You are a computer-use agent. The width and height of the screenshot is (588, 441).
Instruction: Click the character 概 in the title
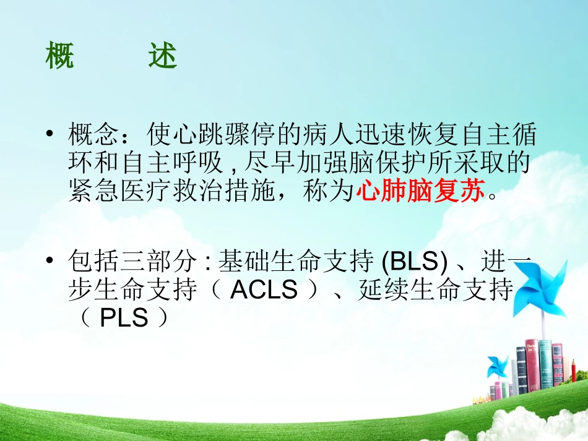[61, 57]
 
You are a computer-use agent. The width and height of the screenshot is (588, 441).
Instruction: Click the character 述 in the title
[162, 57]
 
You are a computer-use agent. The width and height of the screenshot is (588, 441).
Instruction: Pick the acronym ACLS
[264, 290]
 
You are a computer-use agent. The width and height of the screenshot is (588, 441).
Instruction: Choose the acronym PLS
[124, 319]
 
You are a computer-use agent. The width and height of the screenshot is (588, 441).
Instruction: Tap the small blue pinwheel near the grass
[497, 366]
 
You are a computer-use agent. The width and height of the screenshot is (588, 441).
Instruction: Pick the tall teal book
[544, 365]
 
